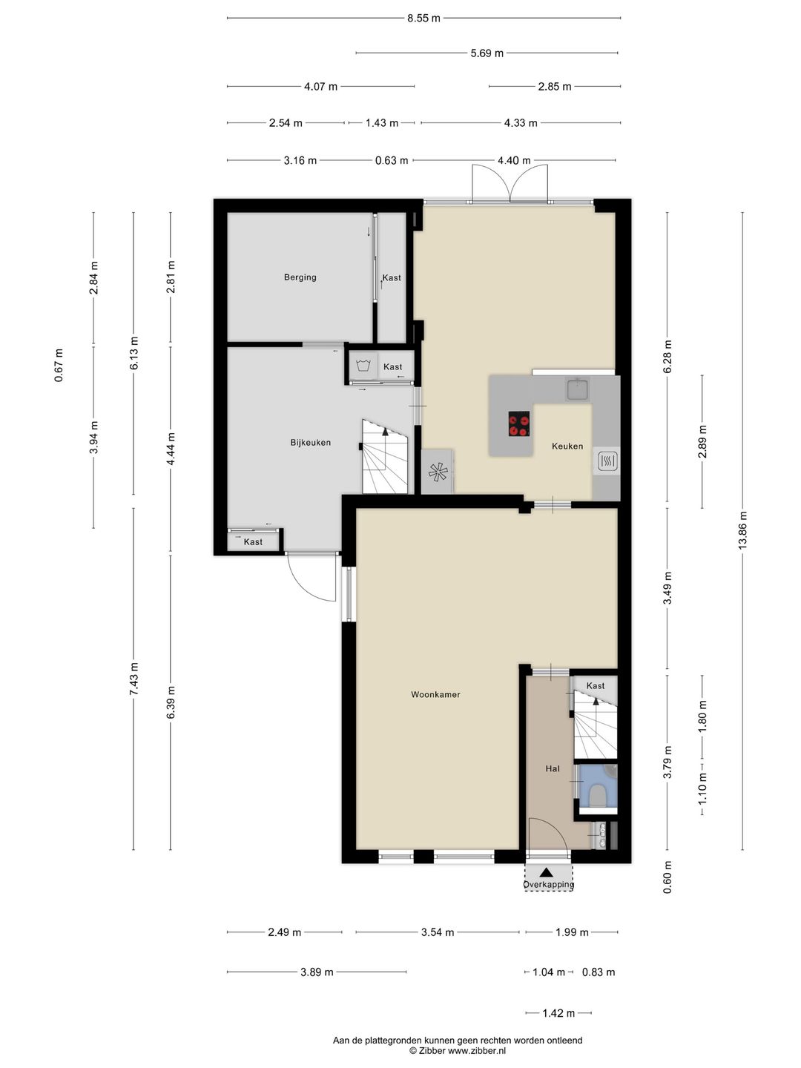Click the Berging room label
click(300, 277)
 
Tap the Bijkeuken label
click(310, 442)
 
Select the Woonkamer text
click(435, 694)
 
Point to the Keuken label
click(567, 446)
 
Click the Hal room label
click(552, 769)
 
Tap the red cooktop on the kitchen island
click(519, 423)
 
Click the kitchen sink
click(578, 389)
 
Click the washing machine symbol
click(363, 365)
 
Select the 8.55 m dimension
click(423, 19)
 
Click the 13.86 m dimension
click(742, 531)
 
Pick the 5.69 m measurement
click(487, 53)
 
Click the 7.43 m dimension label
click(133, 679)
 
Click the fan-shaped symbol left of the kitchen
click(437, 472)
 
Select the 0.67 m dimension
click(59, 365)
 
